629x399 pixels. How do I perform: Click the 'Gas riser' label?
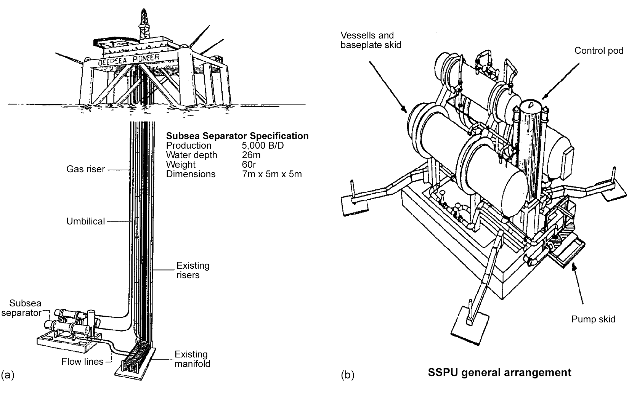coord(85,169)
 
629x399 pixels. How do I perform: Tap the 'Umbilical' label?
coord(85,221)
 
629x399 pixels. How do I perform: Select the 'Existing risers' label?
coord(193,270)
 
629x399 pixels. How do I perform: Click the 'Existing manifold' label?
coord(192,359)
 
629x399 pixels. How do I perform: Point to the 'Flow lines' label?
coord(82,361)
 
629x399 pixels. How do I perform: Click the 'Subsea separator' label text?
coord(25,308)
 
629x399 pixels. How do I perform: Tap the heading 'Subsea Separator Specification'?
coord(237,136)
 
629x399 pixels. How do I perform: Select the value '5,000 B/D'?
coord(263,146)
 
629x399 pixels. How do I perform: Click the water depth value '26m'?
coord(251,155)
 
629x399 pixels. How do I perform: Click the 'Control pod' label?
coord(599,51)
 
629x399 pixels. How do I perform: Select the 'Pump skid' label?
coord(593,319)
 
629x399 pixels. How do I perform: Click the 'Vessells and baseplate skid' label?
coord(371,40)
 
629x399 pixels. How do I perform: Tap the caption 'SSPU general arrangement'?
coord(499,372)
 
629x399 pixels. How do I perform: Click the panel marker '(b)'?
coord(347,375)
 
